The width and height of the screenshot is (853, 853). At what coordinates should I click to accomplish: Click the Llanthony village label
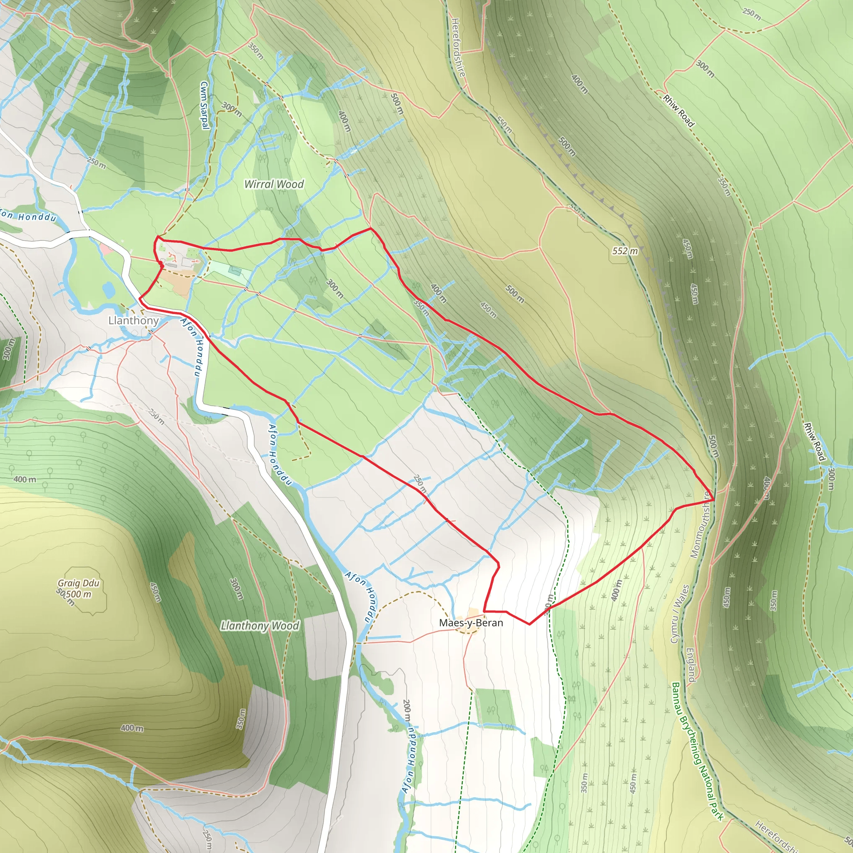[x=133, y=321]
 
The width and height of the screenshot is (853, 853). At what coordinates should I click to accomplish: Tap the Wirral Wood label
[x=274, y=184]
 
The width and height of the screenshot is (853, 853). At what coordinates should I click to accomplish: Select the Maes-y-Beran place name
[x=471, y=623]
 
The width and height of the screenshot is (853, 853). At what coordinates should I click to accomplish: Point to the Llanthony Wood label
[x=259, y=626]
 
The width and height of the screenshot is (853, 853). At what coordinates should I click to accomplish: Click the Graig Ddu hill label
[x=79, y=583]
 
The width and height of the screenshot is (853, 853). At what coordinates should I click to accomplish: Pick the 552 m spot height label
[x=625, y=251]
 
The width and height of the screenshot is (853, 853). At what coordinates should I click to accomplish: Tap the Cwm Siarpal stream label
[x=204, y=105]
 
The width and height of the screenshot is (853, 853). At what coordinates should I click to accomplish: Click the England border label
[x=691, y=664]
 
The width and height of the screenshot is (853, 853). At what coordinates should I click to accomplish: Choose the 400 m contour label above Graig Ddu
[x=25, y=479]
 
